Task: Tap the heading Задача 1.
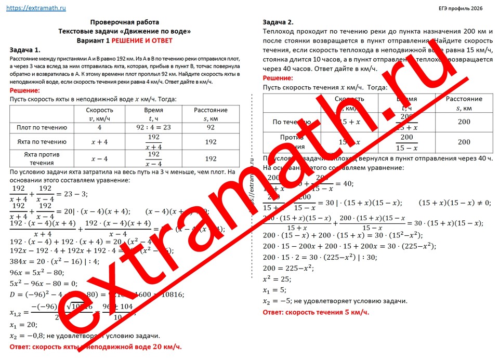click(25, 50)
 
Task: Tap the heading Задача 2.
click(278, 22)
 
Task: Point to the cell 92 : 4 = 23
click(153, 127)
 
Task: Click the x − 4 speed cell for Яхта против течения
click(99, 158)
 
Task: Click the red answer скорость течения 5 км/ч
click(316, 312)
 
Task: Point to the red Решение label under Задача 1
click(25, 90)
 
